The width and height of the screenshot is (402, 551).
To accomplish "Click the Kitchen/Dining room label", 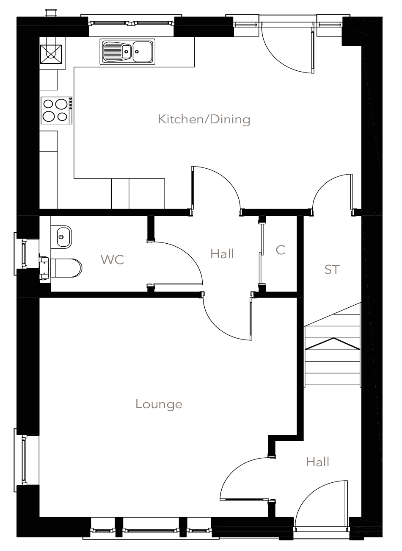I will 204,120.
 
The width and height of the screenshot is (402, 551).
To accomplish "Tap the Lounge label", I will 159,404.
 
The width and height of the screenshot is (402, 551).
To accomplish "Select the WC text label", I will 113,259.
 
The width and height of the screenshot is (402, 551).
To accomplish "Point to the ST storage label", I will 332,269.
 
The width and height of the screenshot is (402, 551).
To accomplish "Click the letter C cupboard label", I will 280,250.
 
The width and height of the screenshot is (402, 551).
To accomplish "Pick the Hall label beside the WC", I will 222,254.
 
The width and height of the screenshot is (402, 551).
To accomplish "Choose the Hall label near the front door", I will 317,462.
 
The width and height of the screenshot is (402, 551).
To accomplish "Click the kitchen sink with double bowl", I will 127,52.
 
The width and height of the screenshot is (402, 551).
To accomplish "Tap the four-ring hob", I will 56,110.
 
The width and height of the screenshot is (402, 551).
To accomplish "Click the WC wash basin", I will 62,236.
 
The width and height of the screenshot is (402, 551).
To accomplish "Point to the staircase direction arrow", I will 333,344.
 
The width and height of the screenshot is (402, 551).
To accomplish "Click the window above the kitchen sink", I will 132,22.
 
